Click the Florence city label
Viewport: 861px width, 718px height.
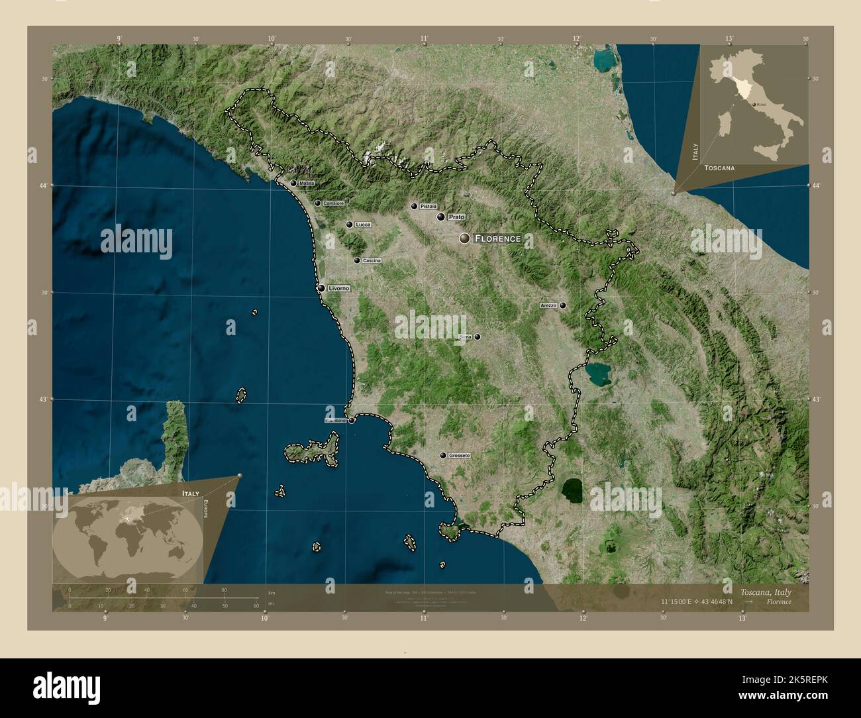[x=498, y=238]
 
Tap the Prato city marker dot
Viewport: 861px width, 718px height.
[x=440, y=217]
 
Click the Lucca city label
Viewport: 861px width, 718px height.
[x=363, y=225]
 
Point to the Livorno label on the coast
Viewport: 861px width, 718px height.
[x=338, y=288]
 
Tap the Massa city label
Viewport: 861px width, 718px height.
[x=307, y=183]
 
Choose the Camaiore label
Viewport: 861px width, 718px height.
[x=334, y=203]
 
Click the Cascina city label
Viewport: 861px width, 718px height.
[x=372, y=261]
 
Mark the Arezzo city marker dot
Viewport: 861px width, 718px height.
[x=562, y=305]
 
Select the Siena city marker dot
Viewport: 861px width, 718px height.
[x=477, y=336]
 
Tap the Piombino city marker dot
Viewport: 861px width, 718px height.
[x=352, y=420]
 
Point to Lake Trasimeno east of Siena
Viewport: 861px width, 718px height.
[x=598, y=375]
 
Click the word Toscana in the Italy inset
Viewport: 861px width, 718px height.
[x=719, y=168]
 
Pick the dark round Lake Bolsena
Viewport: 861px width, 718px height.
[x=572, y=491]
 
